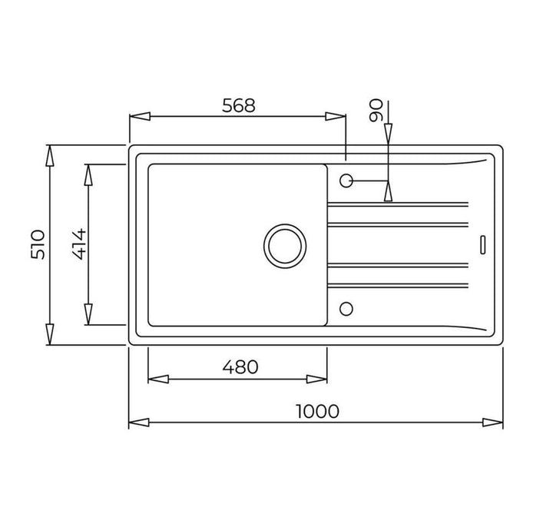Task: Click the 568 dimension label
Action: tap(238, 105)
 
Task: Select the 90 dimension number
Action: tap(376, 110)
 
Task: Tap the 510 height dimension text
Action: tap(38, 245)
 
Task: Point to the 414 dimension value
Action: tap(79, 244)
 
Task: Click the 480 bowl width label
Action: tap(240, 367)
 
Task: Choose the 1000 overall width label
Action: tap(317, 411)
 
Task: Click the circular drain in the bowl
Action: tap(285, 246)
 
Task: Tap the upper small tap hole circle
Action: tap(346, 181)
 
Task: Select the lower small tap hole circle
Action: tap(346, 309)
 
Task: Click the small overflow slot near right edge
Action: tap(483, 245)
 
